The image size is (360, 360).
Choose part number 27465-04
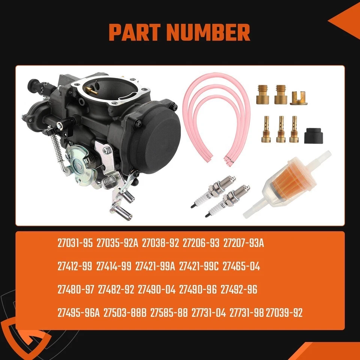(x=241, y=267)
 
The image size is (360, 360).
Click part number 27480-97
(x=75, y=290)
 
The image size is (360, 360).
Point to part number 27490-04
(x=156, y=290)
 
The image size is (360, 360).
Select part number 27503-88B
(x=125, y=313)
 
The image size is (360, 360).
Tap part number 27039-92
(x=284, y=313)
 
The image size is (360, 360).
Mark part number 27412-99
(x=75, y=267)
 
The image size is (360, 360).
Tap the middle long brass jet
(x=281, y=129)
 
